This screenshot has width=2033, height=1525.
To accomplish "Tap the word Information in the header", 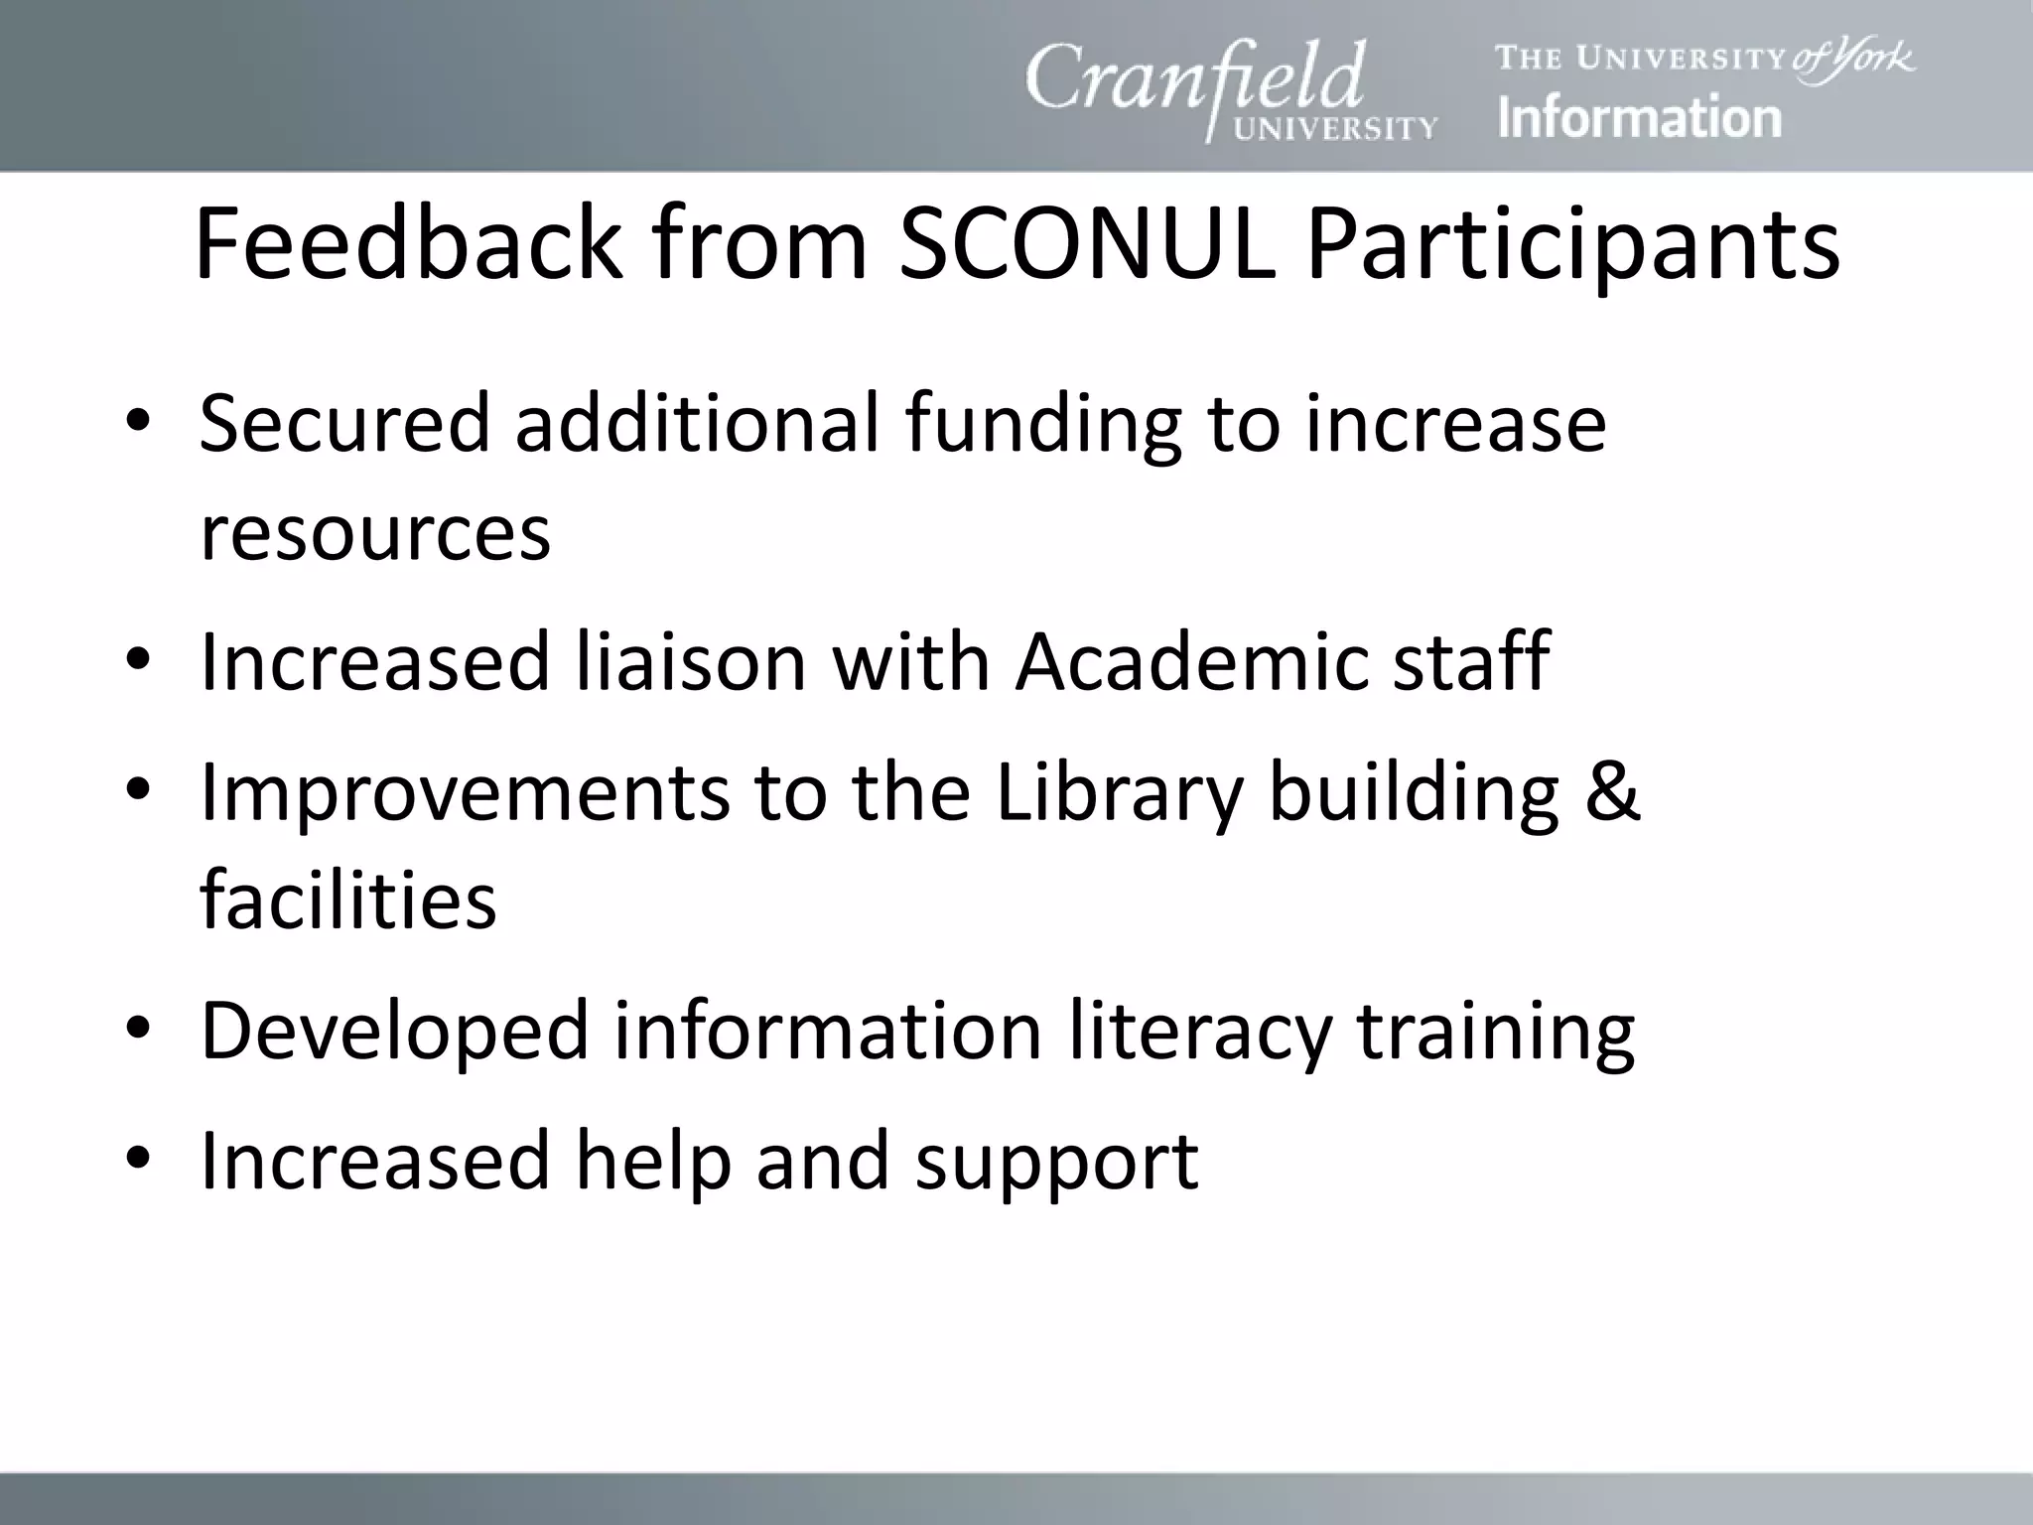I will click(1639, 118).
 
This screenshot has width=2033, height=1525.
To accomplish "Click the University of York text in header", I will click(1704, 58).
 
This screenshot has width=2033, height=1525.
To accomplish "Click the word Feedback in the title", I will click(408, 245).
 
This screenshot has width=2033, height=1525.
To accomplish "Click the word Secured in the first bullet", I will click(344, 424).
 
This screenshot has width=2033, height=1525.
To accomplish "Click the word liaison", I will click(691, 661).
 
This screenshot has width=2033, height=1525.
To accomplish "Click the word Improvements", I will click(464, 793).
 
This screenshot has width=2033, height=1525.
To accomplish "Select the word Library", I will click(1119, 795).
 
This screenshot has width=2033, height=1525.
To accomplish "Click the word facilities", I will click(347, 900).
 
